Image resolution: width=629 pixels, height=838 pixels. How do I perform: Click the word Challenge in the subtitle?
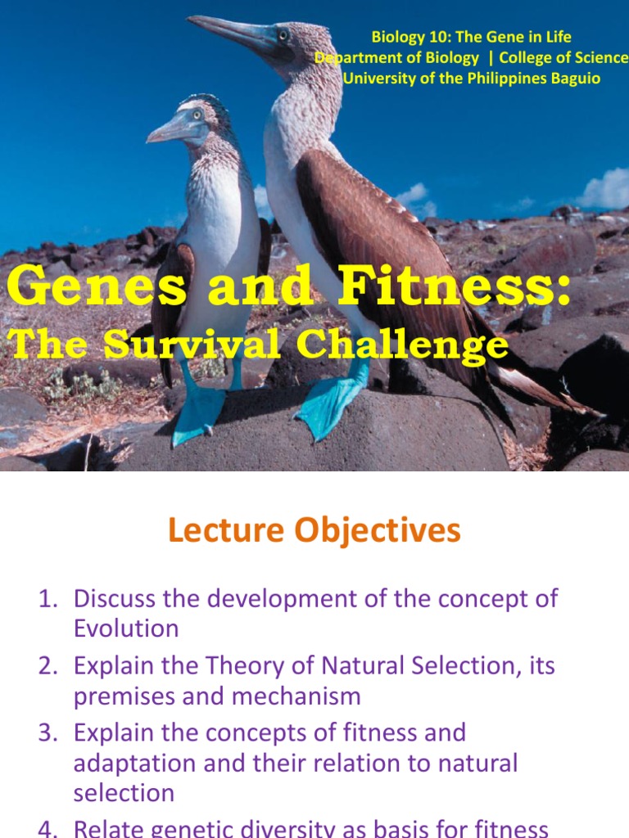(x=402, y=345)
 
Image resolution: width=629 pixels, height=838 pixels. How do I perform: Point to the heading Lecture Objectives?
(x=314, y=531)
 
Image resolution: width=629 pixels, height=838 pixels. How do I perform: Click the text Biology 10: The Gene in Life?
(x=471, y=37)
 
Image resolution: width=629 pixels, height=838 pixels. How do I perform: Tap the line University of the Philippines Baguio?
(x=471, y=79)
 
